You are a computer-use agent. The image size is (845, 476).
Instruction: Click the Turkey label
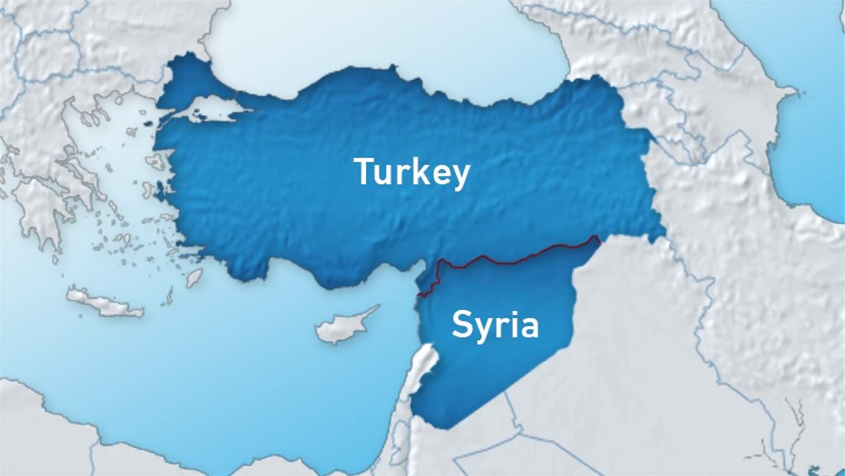(x=411, y=173)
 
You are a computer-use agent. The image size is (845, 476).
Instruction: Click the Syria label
(x=495, y=325)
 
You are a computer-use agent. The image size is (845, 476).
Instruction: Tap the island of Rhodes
(x=194, y=277)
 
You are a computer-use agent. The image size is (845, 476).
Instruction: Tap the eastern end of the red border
(x=599, y=238)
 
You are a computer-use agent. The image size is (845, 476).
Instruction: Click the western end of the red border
(x=419, y=295)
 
